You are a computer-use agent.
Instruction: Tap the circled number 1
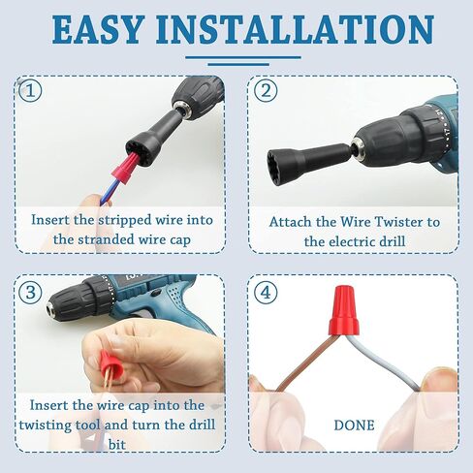click(x=33, y=92)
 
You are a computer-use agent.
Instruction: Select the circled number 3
click(x=33, y=290)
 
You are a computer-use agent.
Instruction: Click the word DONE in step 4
click(x=354, y=425)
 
